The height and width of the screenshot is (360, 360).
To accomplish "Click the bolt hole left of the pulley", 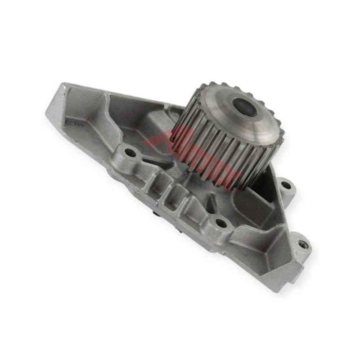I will pyautogui.click(x=131, y=153).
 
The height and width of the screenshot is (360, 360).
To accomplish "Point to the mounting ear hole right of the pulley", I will pyautogui.click(x=285, y=184).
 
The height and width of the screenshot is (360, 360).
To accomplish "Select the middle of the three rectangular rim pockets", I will pyautogui.click(x=173, y=198).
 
